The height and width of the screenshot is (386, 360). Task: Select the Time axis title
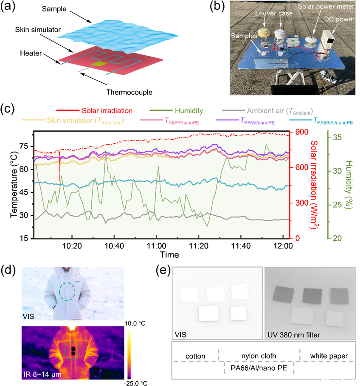point(169,254)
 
